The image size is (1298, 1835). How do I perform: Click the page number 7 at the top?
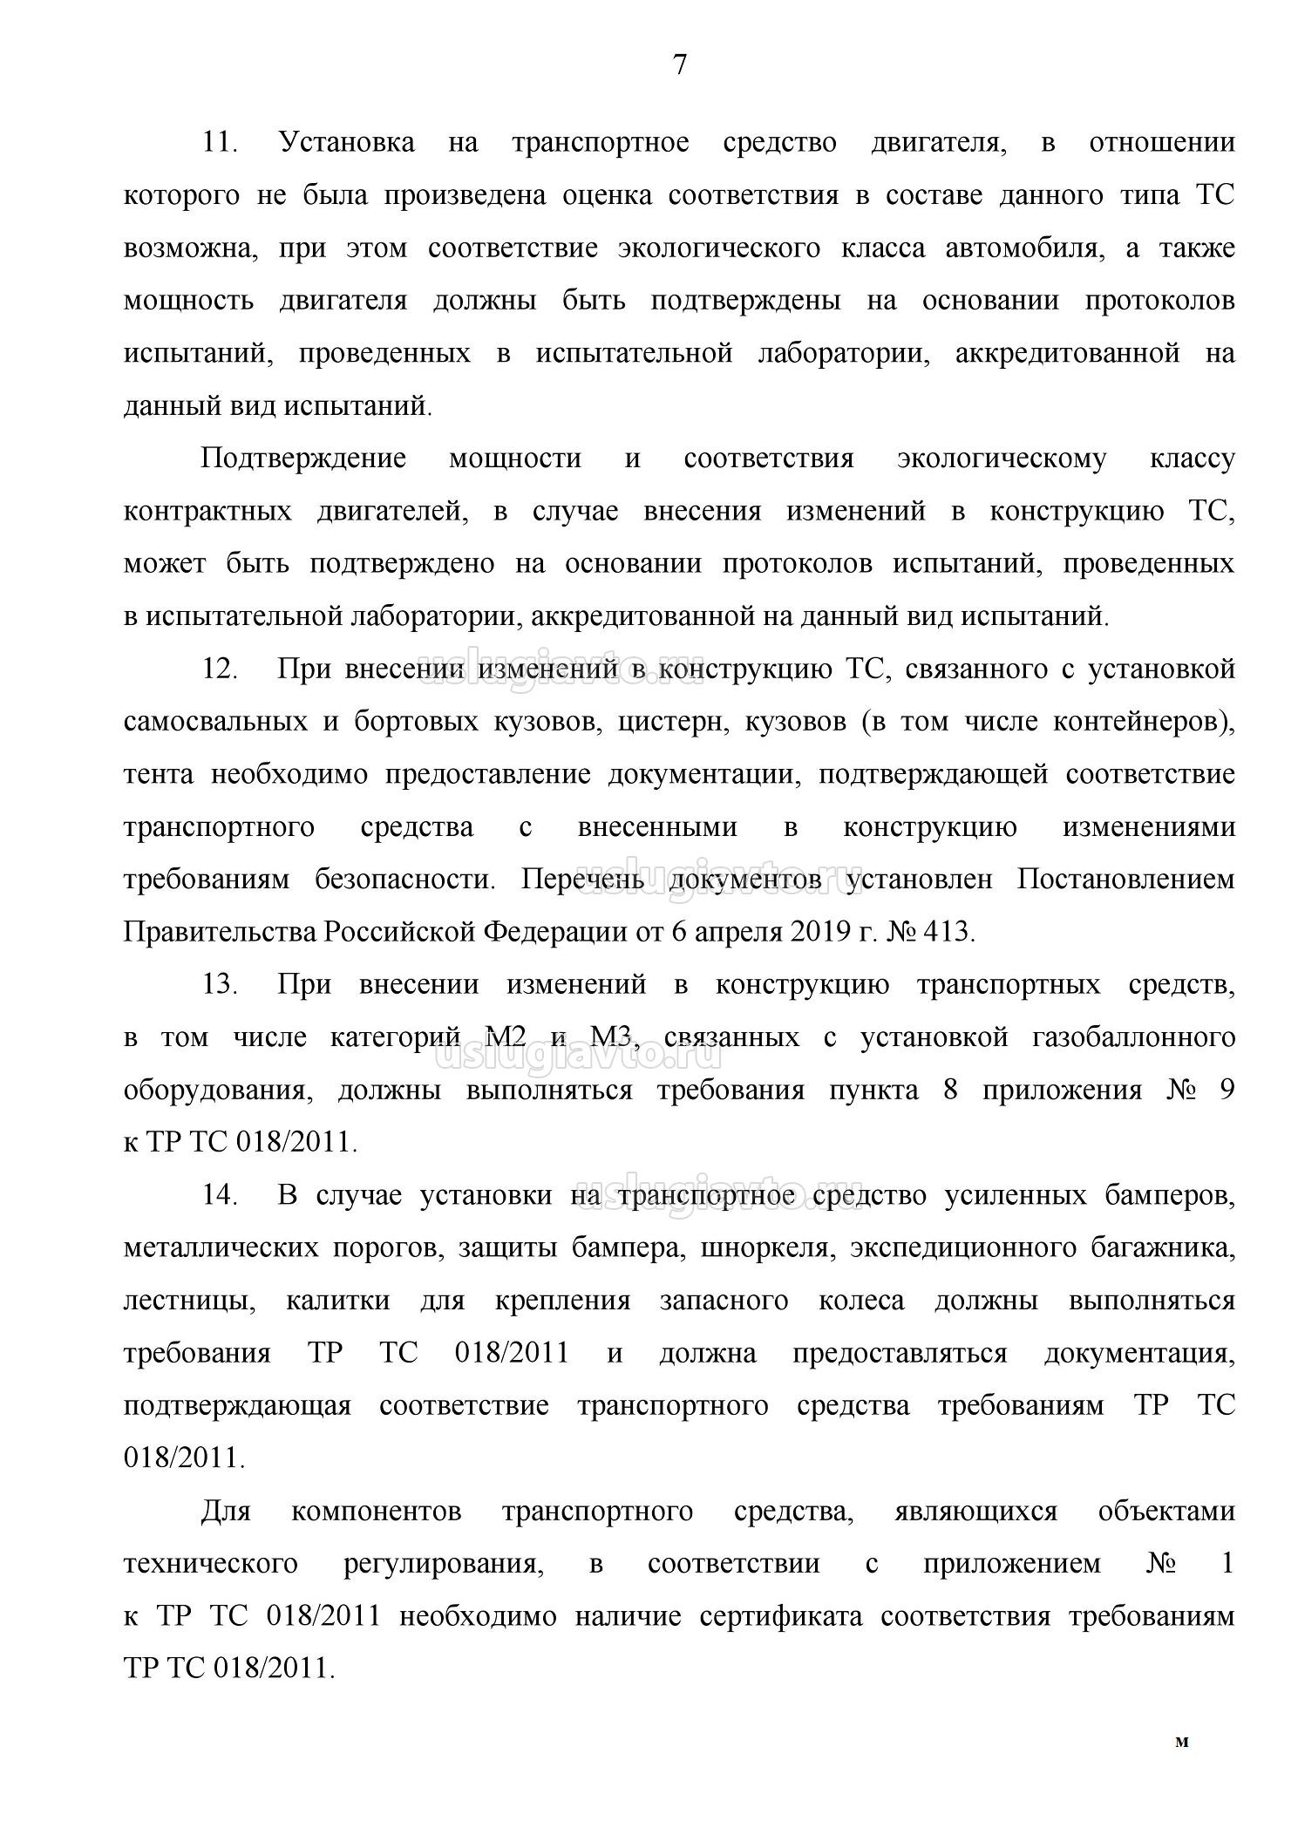[x=680, y=65]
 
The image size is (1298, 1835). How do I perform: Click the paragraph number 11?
[x=220, y=142]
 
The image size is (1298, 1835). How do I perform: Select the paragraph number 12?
[x=220, y=669]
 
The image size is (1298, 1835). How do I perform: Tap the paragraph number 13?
[x=220, y=985]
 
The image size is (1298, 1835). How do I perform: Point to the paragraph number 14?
[x=220, y=1195]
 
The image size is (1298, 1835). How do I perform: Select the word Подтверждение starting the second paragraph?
[x=303, y=459]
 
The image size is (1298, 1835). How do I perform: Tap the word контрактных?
[x=207, y=512]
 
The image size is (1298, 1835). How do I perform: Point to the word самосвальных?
[x=214, y=723]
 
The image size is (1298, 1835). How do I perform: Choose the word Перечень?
[x=582, y=880]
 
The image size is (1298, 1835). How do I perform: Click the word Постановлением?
[x=1125, y=880]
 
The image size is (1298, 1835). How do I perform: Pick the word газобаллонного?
[x=1133, y=1038]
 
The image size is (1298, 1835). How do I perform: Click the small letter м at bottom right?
[x=1182, y=1743]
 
